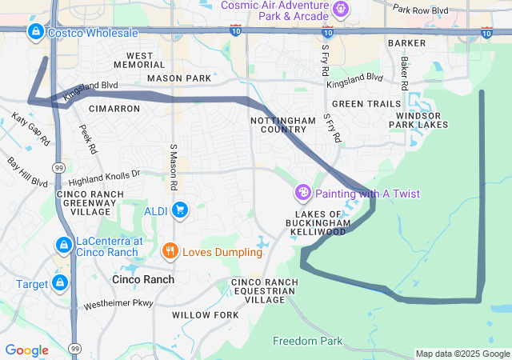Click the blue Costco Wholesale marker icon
point(36,32)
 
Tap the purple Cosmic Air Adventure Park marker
point(342,10)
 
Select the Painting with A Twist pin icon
point(303,193)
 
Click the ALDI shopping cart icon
point(180,210)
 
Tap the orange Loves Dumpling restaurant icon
point(170,252)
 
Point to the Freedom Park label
point(307,341)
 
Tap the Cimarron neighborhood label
point(114,108)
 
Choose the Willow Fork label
point(205,315)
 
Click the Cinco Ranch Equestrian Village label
point(264,290)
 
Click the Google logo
point(26,350)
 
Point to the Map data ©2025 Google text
point(462,354)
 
